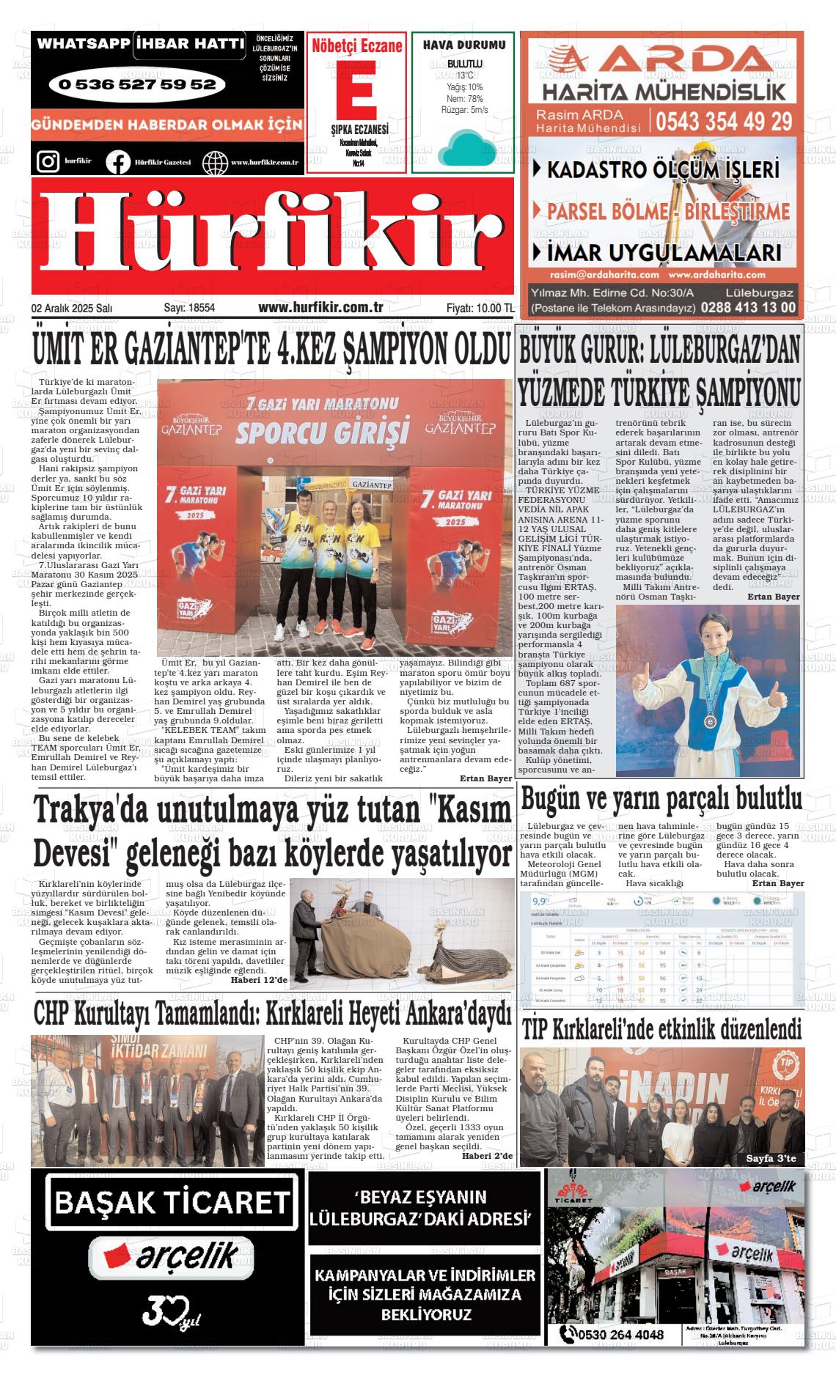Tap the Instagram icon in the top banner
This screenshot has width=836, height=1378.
[x=48, y=161]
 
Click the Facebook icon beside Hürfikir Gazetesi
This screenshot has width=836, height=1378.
[x=117, y=161]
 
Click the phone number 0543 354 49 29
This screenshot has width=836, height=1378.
[x=724, y=121]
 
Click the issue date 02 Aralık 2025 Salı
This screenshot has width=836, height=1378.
[x=72, y=309]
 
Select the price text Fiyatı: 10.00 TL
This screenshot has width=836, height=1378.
[x=480, y=309]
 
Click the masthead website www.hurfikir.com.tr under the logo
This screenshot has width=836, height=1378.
[x=321, y=308]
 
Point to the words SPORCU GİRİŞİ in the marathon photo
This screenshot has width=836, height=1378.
[x=321, y=432]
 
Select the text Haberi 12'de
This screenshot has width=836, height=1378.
[x=259, y=979]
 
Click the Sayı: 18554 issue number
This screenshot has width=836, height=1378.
[x=189, y=309]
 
